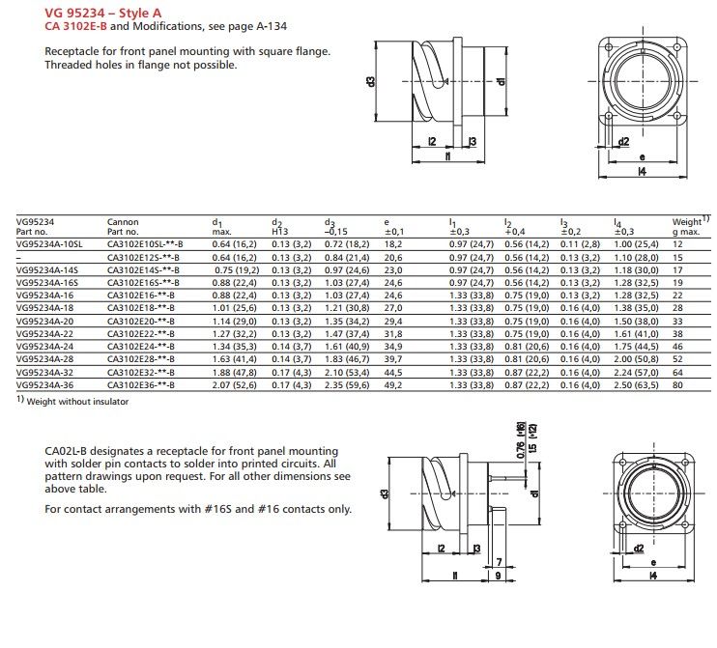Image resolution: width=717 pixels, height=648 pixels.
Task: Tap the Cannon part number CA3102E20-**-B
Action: click(143, 319)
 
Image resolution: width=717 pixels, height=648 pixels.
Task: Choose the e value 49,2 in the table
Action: click(393, 384)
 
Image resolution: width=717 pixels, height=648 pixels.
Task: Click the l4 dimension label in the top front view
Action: click(642, 171)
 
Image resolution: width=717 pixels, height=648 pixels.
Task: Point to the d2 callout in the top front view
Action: click(624, 141)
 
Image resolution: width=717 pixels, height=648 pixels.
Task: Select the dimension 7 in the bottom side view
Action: click(498, 561)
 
